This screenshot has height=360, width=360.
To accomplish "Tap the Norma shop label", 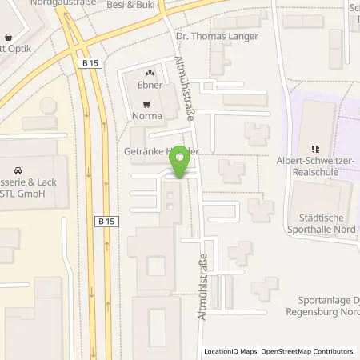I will (146, 116).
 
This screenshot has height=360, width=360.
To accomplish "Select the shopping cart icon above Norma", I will (146, 104).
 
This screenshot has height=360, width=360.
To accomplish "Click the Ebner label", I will (150, 85).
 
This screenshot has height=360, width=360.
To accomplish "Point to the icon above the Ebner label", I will (150, 74).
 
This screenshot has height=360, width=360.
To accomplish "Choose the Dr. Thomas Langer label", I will (207, 36).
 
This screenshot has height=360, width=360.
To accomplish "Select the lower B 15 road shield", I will (106, 221).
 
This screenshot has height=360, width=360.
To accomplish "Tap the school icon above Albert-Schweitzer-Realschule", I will (315, 148).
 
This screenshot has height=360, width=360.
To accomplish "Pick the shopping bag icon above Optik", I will (8, 37).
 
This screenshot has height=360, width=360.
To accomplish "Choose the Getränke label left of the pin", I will (143, 151).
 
